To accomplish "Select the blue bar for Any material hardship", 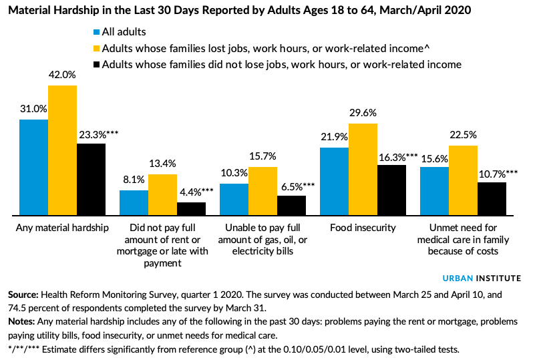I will click(x=33, y=167).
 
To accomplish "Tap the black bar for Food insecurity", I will click(x=391, y=190).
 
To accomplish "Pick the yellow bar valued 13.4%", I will click(x=162, y=194).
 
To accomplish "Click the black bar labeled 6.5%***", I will click(x=291, y=205).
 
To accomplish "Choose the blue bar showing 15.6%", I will click(x=434, y=191).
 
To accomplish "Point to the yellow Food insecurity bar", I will click(x=363, y=169).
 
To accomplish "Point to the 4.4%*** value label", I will click(x=196, y=191).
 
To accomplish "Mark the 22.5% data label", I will click(x=462, y=134).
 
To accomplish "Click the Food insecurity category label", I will click(x=363, y=227).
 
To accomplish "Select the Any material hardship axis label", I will click(x=62, y=227).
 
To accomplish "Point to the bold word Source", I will click(x=22, y=294).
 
